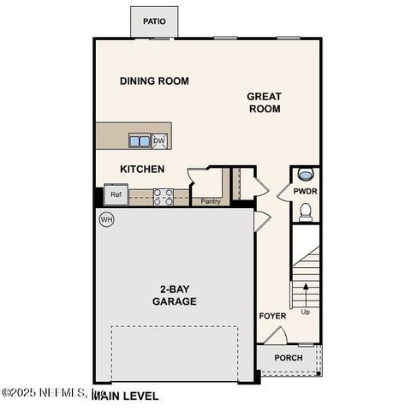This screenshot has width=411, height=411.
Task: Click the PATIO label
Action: point(154,21)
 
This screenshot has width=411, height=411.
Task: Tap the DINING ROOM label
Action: point(154,81)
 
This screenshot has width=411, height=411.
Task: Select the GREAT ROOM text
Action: point(265,103)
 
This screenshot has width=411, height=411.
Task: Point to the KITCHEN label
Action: point(142,169)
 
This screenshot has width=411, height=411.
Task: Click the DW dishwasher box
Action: point(159,140)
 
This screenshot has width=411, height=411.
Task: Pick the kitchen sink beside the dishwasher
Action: point(140,140)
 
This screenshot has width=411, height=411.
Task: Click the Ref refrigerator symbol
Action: point(116,195)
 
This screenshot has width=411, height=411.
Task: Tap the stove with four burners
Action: point(164,197)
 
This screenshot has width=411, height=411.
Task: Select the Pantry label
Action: point(211,202)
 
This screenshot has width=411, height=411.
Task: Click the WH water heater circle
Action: point(107,220)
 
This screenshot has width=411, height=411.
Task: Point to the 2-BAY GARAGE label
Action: point(175,295)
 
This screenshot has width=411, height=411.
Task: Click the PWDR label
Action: point(305,193)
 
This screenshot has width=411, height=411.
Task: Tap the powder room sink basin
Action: point(306,175)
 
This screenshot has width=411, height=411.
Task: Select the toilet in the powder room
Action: point(306,211)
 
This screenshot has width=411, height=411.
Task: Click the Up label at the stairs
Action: point(307,312)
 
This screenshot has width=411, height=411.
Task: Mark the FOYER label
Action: point(272,316)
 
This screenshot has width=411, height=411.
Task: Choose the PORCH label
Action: point(288,358)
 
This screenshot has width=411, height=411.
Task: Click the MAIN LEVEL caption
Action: point(125,396)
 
